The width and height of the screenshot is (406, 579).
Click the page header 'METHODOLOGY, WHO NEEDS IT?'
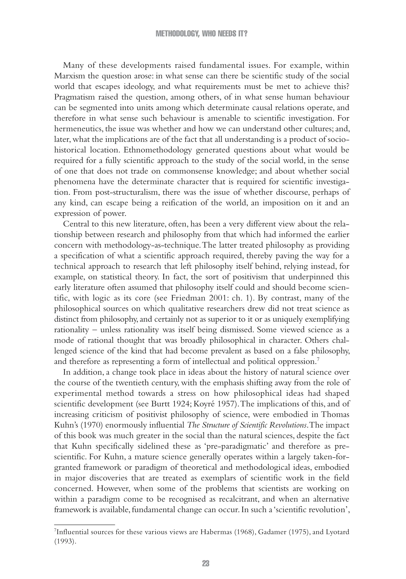201,34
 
